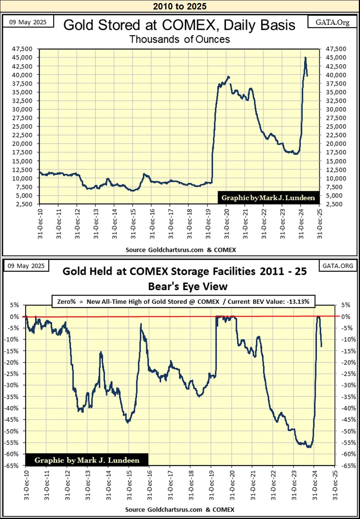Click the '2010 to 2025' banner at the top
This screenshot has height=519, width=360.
pos(180,6)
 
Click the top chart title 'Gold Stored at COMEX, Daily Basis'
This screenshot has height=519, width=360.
pos(179,25)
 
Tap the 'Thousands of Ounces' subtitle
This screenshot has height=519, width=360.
pos(179,39)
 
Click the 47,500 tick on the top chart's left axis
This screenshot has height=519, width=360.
pos(27,49)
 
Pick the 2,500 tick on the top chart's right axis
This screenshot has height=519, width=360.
pos(332,204)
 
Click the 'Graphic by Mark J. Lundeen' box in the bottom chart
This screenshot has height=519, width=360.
pos(87,460)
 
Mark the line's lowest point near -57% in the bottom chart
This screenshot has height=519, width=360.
pos(309,447)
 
